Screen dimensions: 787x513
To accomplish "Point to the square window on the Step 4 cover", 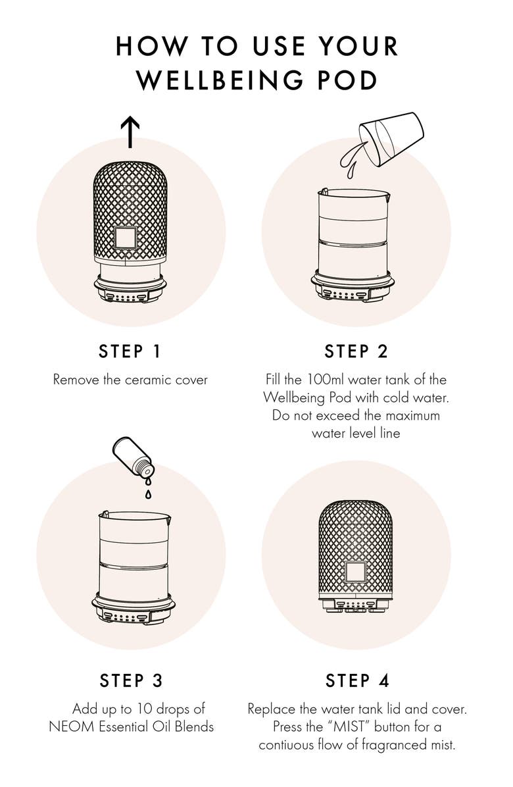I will [356, 572].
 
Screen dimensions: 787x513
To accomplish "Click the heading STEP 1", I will [130, 351].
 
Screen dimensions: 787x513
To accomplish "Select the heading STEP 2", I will [356, 351].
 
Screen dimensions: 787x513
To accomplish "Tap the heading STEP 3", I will [131, 680].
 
